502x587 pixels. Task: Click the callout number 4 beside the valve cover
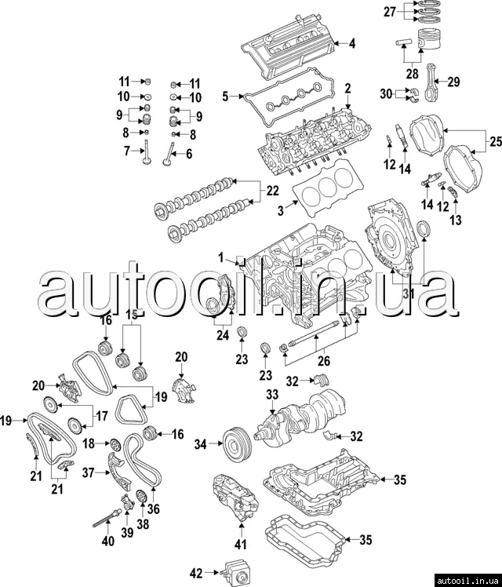[351, 43]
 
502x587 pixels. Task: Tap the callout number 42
[198, 573]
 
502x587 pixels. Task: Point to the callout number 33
[272, 394]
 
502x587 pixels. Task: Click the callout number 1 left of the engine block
[220, 257]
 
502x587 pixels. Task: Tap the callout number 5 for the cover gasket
[224, 97]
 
